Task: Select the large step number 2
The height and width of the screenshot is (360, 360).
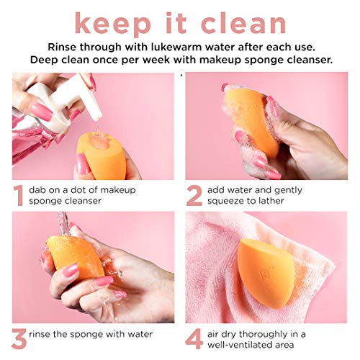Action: point(193,196)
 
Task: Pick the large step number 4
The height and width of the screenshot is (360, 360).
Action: point(193,338)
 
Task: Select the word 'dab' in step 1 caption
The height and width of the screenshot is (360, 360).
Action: point(38,189)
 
